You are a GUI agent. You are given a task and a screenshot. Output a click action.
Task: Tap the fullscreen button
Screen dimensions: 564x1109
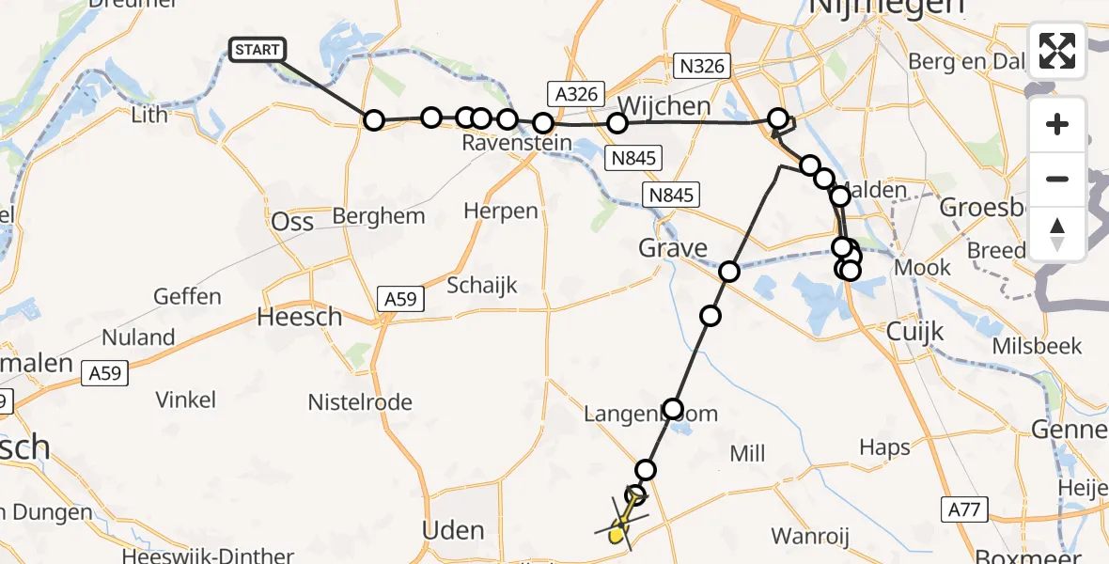pyautogui.click(x=1057, y=51)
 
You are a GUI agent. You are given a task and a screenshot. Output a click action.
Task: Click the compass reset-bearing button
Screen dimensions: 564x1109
pyautogui.click(x=1057, y=234)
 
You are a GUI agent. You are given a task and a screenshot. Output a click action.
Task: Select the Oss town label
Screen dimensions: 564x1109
pyautogui.click(x=292, y=223)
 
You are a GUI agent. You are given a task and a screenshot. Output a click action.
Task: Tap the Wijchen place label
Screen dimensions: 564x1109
pyautogui.click(x=664, y=106)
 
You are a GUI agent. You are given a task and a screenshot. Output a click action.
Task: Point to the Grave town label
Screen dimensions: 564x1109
pyautogui.click(x=673, y=248)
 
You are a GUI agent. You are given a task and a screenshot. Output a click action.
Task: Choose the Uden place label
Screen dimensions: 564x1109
pyautogui.click(x=453, y=530)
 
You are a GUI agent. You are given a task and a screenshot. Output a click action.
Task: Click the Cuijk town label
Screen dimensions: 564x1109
pyautogui.click(x=916, y=332)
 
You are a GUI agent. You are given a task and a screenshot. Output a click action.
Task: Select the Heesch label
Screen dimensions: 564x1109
pyautogui.click(x=300, y=318)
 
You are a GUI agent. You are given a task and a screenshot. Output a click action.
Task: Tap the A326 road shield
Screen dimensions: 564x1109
pyautogui.click(x=573, y=92)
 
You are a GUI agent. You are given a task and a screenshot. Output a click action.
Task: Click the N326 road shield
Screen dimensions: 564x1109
pyautogui.click(x=700, y=66)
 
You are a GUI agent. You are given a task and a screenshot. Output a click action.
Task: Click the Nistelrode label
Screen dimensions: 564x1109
pyautogui.click(x=360, y=402)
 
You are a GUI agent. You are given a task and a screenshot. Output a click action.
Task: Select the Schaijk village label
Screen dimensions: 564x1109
pyautogui.click(x=482, y=286)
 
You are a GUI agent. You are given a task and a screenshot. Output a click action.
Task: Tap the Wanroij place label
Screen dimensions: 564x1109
pyautogui.click(x=810, y=536)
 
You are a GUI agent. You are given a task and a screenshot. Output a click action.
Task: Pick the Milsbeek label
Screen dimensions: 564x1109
pyautogui.click(x=1038, y=345)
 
